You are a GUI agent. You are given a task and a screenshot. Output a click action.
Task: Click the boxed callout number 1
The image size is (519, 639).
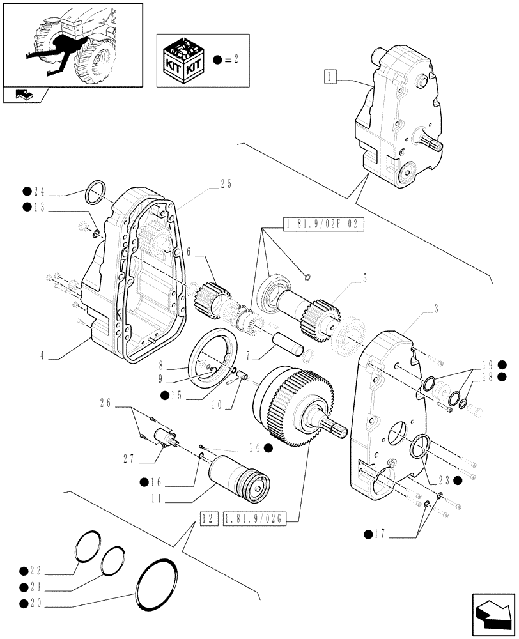click(329, 78)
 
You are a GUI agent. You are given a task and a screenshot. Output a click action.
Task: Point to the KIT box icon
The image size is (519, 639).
click(183, 59)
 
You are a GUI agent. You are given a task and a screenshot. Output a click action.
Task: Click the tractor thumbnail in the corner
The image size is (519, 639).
click(72, 45)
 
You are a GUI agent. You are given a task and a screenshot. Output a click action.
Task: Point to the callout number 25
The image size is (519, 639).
click(224, 185)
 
